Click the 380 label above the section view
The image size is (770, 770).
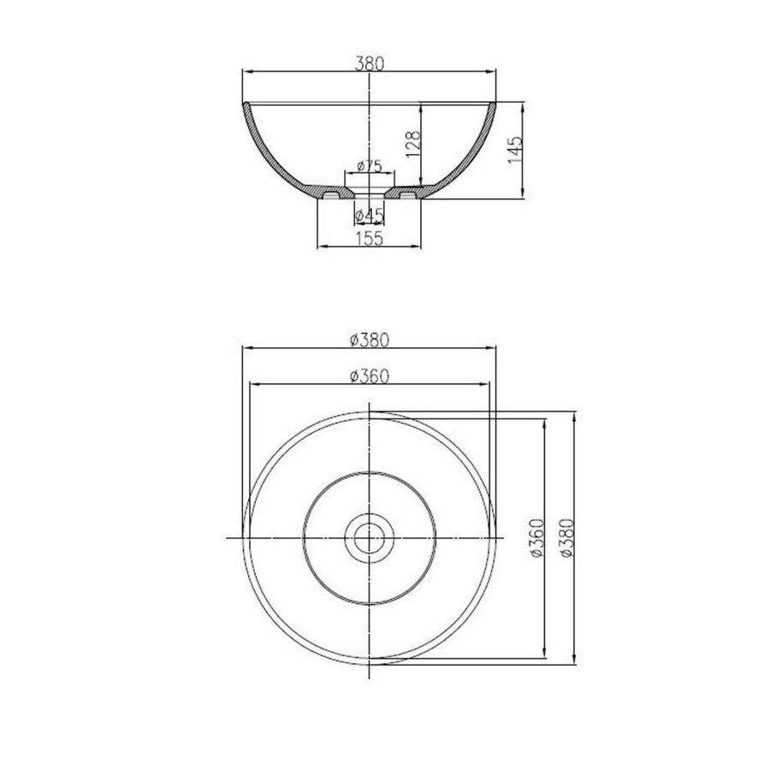click(x=370, y=63)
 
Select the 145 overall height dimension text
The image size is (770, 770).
click(x=515, y=151)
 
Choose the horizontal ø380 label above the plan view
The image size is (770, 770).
click(x=370, y=340)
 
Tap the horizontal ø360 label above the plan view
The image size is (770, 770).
click(x=370, y=376)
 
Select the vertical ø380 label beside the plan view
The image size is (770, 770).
click(x=566, y=537)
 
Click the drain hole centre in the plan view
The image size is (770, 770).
click(x=369, y=537)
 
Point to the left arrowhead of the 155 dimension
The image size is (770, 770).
click(x=321, y=247)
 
